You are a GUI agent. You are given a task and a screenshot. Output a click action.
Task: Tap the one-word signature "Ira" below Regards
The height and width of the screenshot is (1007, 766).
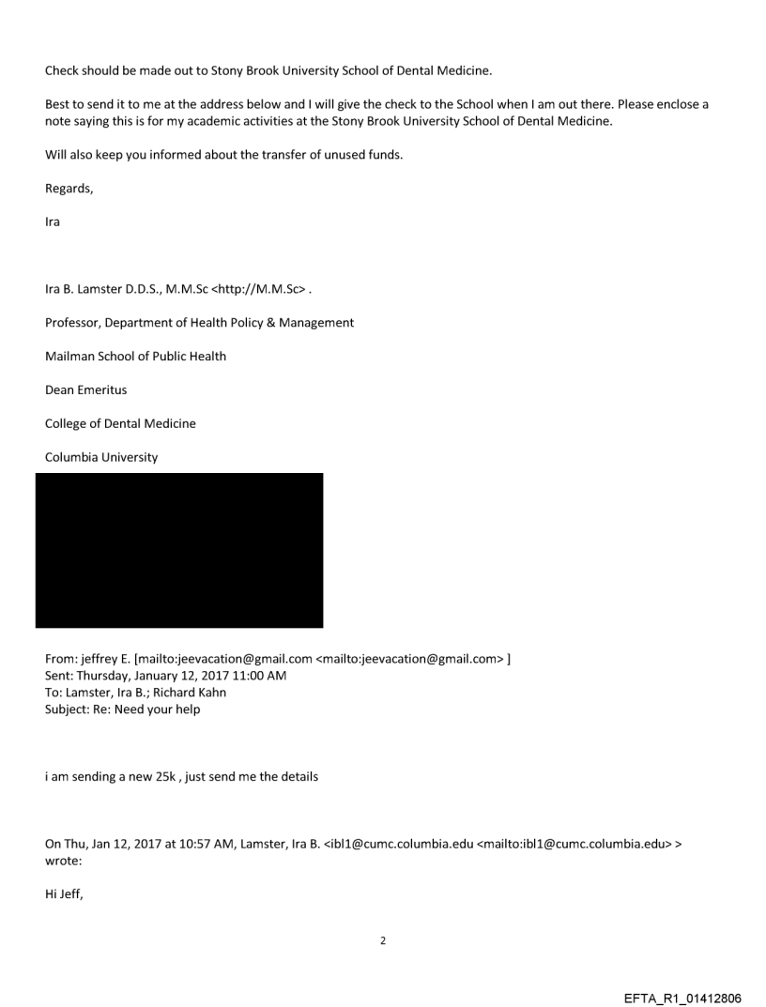click(x=53, y=222)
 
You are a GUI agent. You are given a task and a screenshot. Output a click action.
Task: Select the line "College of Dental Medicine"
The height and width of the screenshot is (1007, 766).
click(x=120, y=423)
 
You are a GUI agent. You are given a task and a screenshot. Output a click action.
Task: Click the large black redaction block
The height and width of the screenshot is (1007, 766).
click(x=179, y=550)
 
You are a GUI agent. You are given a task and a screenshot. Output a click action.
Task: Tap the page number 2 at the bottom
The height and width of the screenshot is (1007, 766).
click(x=382, y=940)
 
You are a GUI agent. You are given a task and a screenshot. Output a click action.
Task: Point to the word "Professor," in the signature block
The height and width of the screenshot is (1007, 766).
click(x=73, y=323)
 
